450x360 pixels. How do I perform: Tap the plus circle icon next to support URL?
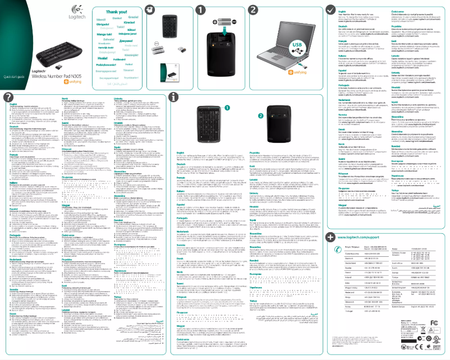(x=332, y=238)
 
